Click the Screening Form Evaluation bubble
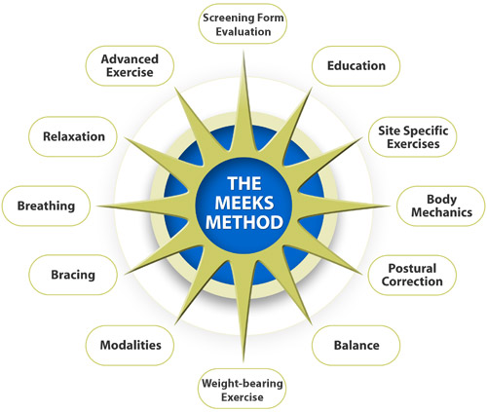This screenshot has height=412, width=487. pyautogui.click(x=243, y=23)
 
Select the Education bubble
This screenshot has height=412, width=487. pyautogui.click(x=356, y=66)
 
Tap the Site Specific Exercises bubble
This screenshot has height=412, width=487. pyautogui.click(x=413, y=136)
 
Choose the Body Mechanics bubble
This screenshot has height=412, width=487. pyautogui.click(x=441, y=206)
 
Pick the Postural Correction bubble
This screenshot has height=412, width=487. pyautogui.click(x=412, y=275)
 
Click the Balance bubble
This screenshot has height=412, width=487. pyautogui.click(x=356, y=346)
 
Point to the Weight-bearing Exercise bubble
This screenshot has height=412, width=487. pyautogui.click(x=243, y=389)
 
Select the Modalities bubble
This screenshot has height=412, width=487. pyautogui.click(x=130, y=346)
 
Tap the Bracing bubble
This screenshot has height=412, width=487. pyautogui.click(x=73, y=275)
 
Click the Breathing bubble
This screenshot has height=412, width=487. pyautogui.click(x=46, y=206)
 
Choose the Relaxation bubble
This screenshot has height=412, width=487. pyautogui.click(x=73, y=136)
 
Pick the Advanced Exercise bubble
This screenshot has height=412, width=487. pyautogui.click(x=130, y=66)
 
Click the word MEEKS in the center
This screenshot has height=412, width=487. pyautogui.click(x=244, y=204)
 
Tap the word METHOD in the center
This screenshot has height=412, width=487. pyautogui.click(x=244, y=223)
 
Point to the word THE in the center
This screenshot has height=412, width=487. pyautogui.click(x=244, y=184)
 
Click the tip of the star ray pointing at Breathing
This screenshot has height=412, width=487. pyautogui.click(x=97, y=206)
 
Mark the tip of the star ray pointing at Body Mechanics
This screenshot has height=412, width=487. pyautogui.click(x=390, y=206)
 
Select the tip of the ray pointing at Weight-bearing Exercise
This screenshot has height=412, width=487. pyautogui.click(x=243, y=361)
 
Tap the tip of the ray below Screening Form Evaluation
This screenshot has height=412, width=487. pyautogui.click(x=243, y=51)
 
